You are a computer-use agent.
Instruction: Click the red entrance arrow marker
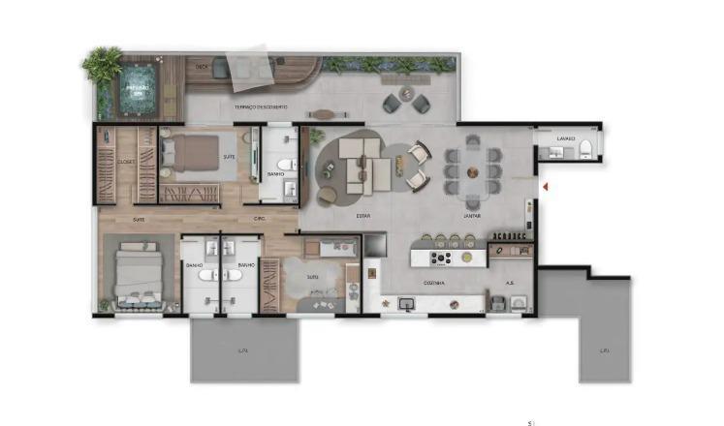point(547,185)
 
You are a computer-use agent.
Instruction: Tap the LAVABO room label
point(566,138)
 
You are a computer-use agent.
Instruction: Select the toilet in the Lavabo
point(586,148)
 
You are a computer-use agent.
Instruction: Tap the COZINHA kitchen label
point(433,283)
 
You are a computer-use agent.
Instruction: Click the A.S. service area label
point(510,283)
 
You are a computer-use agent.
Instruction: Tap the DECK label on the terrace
point(203,67)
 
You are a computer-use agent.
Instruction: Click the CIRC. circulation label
point(260,219)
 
